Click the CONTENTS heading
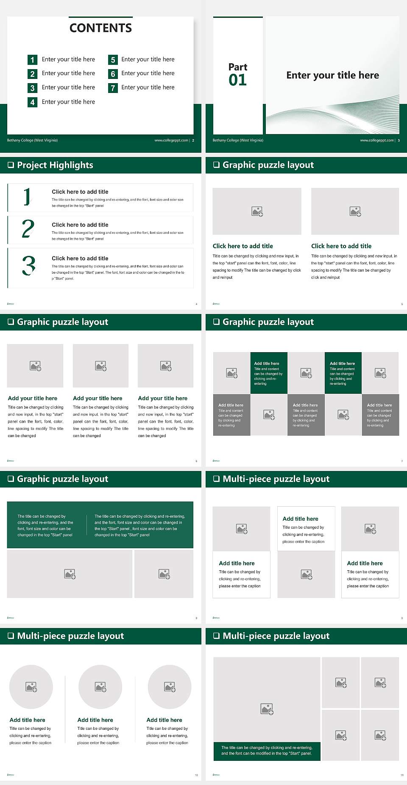[100, 28]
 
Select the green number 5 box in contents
[113, 60]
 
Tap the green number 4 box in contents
[32, 102]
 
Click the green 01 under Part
[237, 80]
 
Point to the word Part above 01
[237, 67]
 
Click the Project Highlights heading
[55, 165]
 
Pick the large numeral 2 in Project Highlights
[28, 229]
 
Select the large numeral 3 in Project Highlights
[28, 266]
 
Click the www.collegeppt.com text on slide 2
[171, 140]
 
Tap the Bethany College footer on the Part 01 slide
[238, 140]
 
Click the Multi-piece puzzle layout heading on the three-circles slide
[70, 636]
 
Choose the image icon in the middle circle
[100, 687]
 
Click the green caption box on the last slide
[267, 751]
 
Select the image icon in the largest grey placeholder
[267, 709]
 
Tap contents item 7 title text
[148, 87]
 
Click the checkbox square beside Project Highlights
[11, 165]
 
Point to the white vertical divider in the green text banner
[87, 525]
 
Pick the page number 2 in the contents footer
[193, 140]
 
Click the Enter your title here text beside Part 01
[332, 76]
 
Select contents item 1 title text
[68, 59]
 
